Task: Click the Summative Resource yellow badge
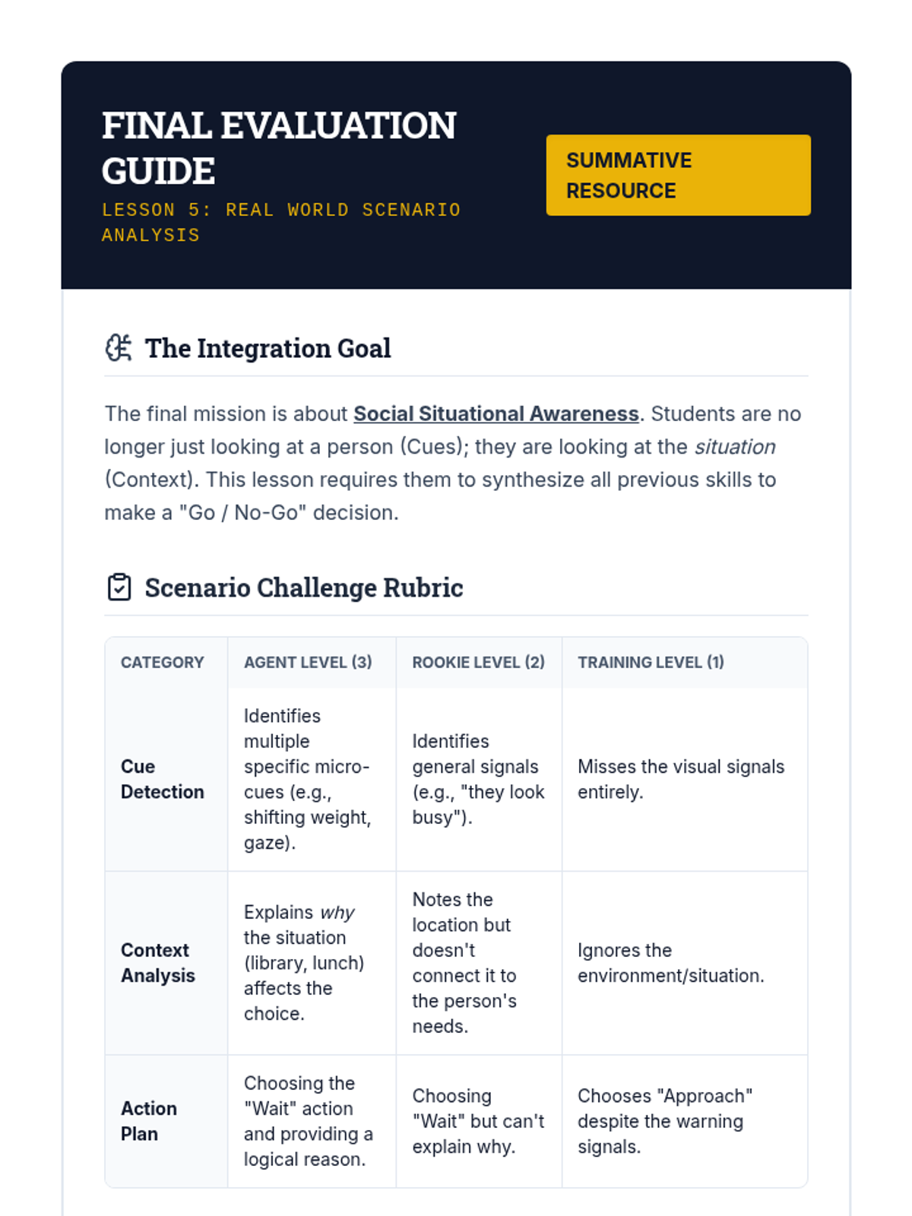click(x=678, y=175)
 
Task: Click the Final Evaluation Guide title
click(x=279, y=147)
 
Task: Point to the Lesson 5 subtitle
click(x=281, y=222)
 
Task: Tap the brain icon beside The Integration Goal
click(x=119, y=348)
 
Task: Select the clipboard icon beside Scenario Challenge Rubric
click(x=119, y=587)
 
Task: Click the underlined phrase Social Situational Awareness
click(x=496, y=413)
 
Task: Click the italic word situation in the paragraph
click(x=735, y=447)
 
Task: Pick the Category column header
click(x=162, y=663)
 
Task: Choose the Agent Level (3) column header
click(x=308, y=663)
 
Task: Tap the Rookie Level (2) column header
click(x=478, y=663)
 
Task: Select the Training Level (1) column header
click(x=651, y=663)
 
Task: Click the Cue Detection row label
click(x=162, y=779)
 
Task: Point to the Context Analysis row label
click(x=158, y=963)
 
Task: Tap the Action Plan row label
click(x=149, y=1121)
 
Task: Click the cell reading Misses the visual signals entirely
click(x=680, y=779)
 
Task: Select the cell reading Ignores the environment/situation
click(x=670, y=963)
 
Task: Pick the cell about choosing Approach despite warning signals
click(x=664, y=1121)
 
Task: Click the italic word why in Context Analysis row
click(x=337, y=912)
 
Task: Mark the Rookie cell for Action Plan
click(x=478, y=1121)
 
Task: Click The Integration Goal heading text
click(x=268, y=348)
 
